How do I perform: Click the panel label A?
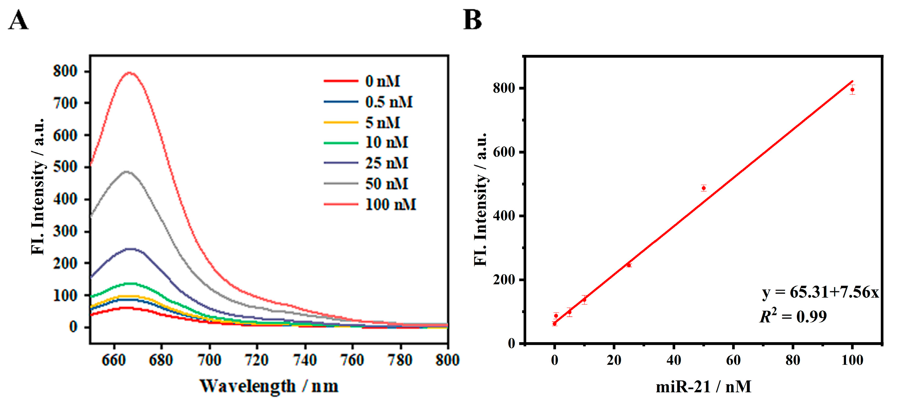coord(18,20)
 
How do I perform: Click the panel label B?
coord(472,20)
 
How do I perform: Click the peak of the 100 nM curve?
coord(129,73)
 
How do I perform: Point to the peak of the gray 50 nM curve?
coord(127,171)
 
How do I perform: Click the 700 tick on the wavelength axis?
coord(209,360)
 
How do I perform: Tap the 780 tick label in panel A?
coord(400,360)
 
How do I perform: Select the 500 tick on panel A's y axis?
coord(65,167)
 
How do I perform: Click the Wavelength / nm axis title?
coord(269,386)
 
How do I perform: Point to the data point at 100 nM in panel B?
coord(852,90)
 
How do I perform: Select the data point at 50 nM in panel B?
coord(704,188)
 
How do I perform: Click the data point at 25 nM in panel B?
coord(629,265)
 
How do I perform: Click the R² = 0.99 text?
coord(793,316)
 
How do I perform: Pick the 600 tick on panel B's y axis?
coord(504,152)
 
